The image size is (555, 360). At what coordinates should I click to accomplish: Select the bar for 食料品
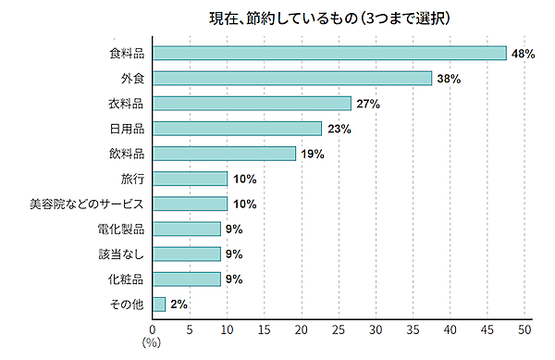(x=329, y=54)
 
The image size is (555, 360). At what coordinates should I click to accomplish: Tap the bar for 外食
(x=292, y=79)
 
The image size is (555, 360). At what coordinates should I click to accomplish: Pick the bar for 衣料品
(x=252, y=104)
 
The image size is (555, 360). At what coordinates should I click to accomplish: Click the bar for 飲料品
(x=224, y=154)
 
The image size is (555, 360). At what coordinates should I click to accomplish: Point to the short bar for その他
(x=159, y=304)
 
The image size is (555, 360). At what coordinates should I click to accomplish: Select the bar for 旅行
(x=190, y=179)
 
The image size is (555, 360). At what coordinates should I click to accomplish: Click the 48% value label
(x=524, y=54)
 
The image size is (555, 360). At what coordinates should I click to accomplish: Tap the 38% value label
(x=449, y=79)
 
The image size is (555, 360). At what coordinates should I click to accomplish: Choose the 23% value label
(x=339, y=129)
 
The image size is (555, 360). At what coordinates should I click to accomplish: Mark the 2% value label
(x=179, y=304)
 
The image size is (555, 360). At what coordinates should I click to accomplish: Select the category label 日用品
(x=127, y=129)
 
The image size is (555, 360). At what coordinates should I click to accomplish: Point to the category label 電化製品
(x=121, y=229)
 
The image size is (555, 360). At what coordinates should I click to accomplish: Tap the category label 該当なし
(x=121, y=254)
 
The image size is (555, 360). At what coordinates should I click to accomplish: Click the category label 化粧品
(x=127, y=279)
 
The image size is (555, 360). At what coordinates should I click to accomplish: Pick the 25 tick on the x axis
(x=339, y=328)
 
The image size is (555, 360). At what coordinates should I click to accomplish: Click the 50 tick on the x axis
(x=524, y=328)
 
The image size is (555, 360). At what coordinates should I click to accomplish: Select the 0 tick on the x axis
(x=153, y=328)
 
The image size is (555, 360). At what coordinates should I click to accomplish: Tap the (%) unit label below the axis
(x=152, y=342)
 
